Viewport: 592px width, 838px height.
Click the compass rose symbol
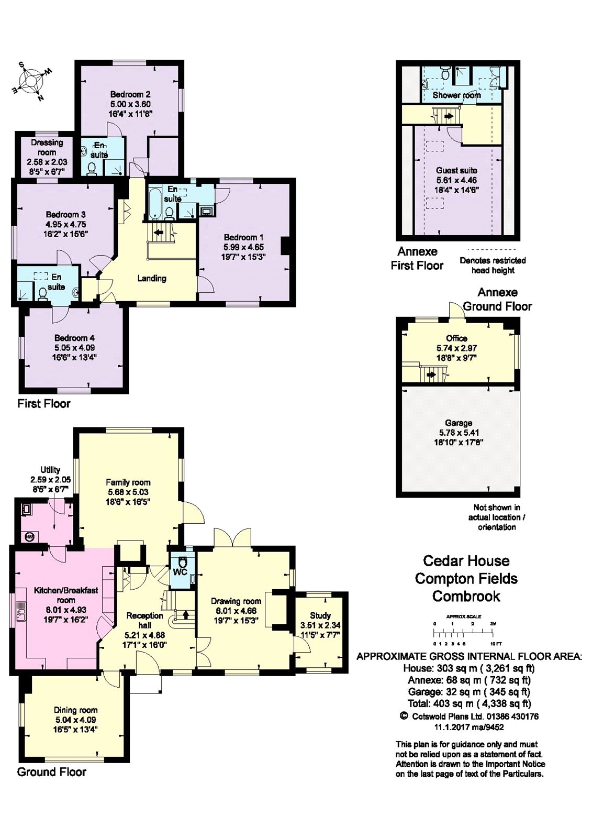point(31,81)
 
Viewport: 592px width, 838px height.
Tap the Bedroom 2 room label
point(130,94)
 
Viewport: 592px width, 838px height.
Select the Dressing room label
point(47,147)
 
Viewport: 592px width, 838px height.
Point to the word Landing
point(151,278)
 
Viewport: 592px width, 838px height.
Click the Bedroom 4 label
point(74,338)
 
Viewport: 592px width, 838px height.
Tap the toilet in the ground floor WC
point(183,563)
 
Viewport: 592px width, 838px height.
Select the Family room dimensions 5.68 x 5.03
point(128,492)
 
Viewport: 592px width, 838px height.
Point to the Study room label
point(320,615)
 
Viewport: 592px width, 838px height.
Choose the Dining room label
point(75,710)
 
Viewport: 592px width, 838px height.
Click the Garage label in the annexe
point(459,423)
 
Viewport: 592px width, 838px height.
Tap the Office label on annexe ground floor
point(456,338)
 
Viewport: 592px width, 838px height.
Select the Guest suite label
point(456,170)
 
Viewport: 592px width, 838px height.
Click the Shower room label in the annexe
point(456,95)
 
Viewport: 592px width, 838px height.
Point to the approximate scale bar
point(463,633)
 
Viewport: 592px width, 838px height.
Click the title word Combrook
point(466,596)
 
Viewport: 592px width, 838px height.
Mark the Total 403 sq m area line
point(470,703)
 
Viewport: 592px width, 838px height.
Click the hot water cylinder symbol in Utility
point(29,537)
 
